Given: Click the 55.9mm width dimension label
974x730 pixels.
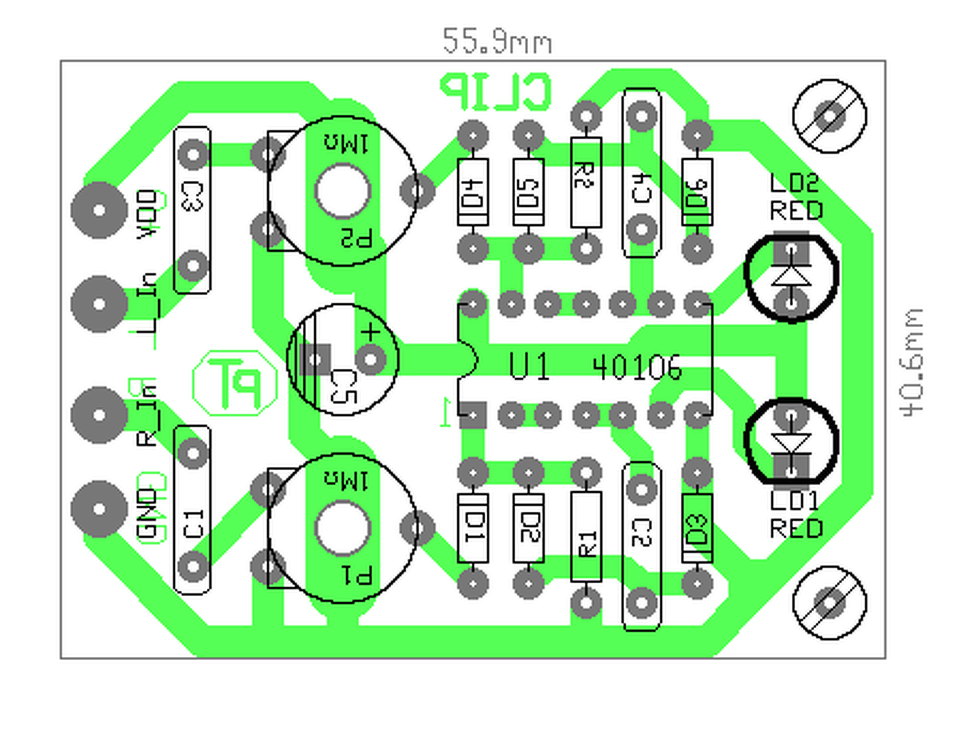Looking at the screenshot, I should pos(496,41).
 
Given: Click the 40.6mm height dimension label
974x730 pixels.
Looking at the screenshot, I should pos(911,362).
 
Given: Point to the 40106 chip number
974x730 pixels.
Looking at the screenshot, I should pos(637,368).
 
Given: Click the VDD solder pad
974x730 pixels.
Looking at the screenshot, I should pos(99,210).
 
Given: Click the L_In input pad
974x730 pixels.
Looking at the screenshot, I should pos(99,303).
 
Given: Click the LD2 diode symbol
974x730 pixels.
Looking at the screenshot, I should pos(791,274).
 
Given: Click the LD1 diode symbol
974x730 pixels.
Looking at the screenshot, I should pos(791,443).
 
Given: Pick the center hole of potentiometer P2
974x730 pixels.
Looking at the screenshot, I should pos(342,191).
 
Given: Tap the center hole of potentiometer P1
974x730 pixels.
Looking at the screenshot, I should pos(342,528).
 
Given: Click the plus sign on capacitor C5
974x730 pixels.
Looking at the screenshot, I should pos(370,332).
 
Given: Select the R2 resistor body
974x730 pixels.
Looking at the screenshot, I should pos(585,182).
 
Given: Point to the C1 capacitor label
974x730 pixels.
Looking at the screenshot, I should pos(193,523).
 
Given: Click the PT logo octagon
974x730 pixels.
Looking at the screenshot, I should pos(235,382).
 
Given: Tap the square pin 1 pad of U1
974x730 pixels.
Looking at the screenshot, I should pos(473,415).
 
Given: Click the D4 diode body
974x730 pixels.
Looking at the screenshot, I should pos(473,192).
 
